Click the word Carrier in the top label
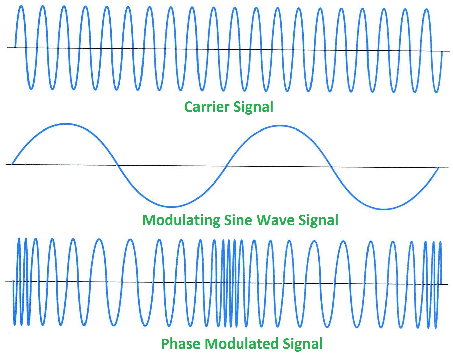[207, 107]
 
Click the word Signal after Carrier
[253, 108]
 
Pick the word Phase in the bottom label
[181, 344]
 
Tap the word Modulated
[241, 344]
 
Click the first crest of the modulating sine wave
[67, 124]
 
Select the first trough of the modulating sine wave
[172, 206]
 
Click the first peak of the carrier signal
[21, 6]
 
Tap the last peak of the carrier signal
[426, 9]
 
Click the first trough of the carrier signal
[31, 89]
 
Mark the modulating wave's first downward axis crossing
[117, 165]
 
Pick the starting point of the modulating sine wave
[12, 164]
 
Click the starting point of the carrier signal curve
[15, 47]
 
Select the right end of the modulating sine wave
[438, 168]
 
